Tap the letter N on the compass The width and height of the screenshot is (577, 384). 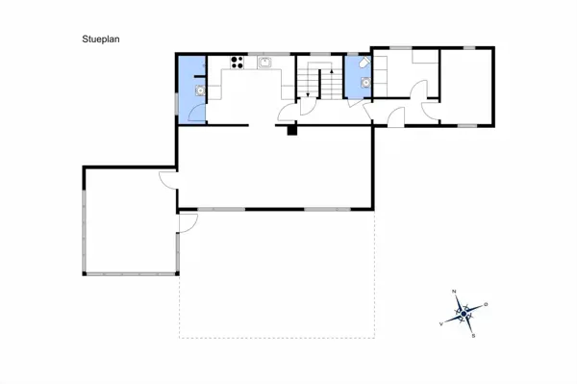coord(455,290)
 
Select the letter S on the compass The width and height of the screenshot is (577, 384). coord(474,336)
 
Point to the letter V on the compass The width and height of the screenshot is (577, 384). coord(441,323)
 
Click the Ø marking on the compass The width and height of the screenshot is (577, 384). coord(487,304)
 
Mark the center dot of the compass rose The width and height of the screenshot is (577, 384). coord(464,313)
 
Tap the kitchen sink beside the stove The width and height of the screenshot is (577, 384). coord(264,64)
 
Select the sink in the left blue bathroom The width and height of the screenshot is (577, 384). coord(199,91)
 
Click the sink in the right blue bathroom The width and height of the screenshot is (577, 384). coord(364,83)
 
